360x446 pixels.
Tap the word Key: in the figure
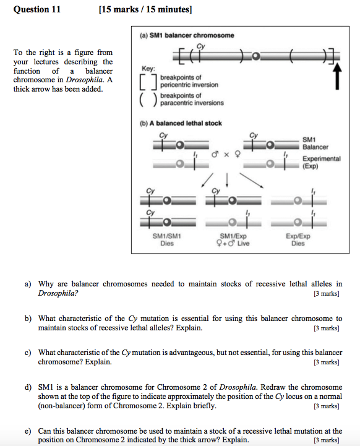click(x=148, y=69)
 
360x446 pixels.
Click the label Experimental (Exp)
click(x=321, y=163)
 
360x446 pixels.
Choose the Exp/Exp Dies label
click(x=298, y=239)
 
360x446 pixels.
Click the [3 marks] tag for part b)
click(x=327, y=328)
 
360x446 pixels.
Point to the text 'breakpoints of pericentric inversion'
click(x=185, y=81)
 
